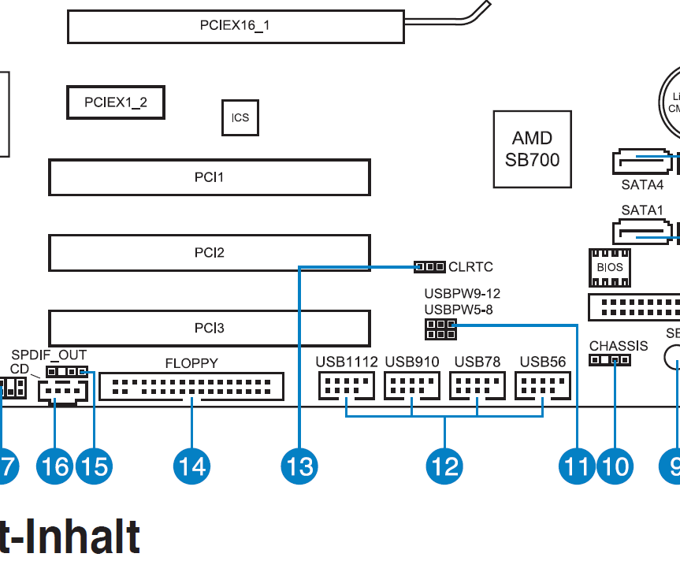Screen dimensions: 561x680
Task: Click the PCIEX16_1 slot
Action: click(234, 26)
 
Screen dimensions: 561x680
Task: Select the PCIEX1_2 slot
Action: click(116, 102)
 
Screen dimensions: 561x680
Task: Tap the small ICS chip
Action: click(240, 118)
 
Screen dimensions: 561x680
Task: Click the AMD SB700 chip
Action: click(532, 150)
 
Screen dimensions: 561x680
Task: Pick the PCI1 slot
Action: click(209, 177)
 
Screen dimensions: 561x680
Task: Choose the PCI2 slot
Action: click(209, 253)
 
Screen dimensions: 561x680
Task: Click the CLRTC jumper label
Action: click(470, 267)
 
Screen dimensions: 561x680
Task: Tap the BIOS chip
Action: click(609, 266)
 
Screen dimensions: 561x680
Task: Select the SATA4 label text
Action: click(641, 186)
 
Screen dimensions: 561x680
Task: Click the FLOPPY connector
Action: click(191, 386)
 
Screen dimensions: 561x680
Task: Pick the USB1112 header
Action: click(346, 386)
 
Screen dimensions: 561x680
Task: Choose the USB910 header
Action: click(411, 386)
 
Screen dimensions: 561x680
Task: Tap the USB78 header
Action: click(477, 386)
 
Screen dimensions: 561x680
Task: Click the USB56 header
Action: click(543, 386)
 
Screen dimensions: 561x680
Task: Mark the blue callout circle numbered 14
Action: click(191, 466)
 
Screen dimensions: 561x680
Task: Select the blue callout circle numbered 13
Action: click(299, 466)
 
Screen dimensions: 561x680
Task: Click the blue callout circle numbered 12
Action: click(444, 466)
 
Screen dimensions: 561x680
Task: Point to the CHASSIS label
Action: click(619, 346)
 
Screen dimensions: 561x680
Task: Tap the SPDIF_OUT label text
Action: click(49, 355)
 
